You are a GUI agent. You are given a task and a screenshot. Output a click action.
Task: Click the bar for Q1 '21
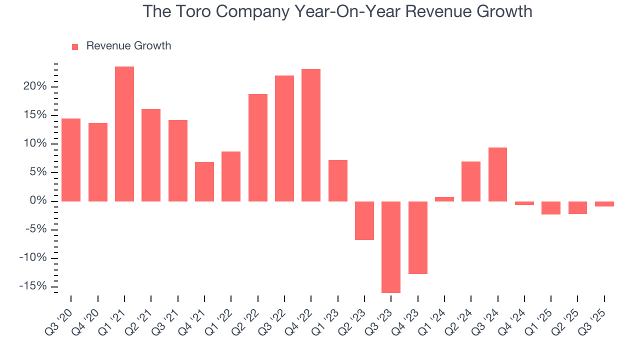[124, 134]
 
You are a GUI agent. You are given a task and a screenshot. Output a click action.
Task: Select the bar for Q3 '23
[391, 247]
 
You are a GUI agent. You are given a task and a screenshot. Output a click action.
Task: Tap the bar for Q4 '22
[311, 135]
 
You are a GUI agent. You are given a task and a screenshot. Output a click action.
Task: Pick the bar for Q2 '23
[364, 220]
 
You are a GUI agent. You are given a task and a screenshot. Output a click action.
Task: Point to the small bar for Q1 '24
[444, 199]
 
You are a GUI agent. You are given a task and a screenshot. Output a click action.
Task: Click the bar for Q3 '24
[497, 174]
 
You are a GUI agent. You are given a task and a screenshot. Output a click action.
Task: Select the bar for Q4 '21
[204, 181]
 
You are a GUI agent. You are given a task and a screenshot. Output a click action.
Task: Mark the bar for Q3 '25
[604, 204]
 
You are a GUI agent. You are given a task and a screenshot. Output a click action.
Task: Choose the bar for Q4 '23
[418, 237]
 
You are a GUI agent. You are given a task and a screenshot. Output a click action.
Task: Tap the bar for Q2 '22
[258, 147]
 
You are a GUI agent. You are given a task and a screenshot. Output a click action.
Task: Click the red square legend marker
[75, 46]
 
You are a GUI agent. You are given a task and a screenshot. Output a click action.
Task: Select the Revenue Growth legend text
[128, 46]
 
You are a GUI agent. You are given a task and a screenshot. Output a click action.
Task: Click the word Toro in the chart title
[193, 11]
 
